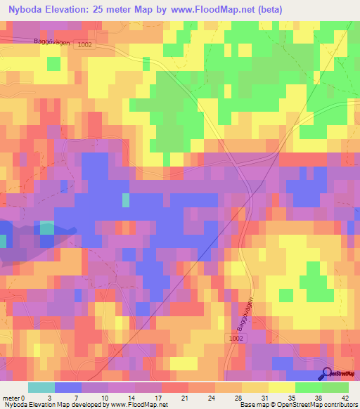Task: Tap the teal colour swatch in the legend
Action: tap(41, 387)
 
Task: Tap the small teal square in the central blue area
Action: tap(126, 200)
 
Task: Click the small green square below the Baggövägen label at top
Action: tap(53, 63)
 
